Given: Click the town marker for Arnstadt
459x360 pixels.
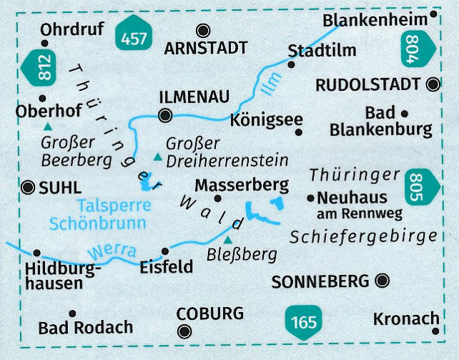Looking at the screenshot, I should [204, 30].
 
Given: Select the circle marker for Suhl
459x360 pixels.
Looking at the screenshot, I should [29, 188].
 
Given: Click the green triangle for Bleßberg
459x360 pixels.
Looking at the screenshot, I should [228, 240].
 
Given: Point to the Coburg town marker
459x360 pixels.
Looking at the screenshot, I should [185, 330].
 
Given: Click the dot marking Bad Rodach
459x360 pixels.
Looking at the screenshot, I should [72, 313].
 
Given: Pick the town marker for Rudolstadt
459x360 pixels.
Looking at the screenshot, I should [432, 84].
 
